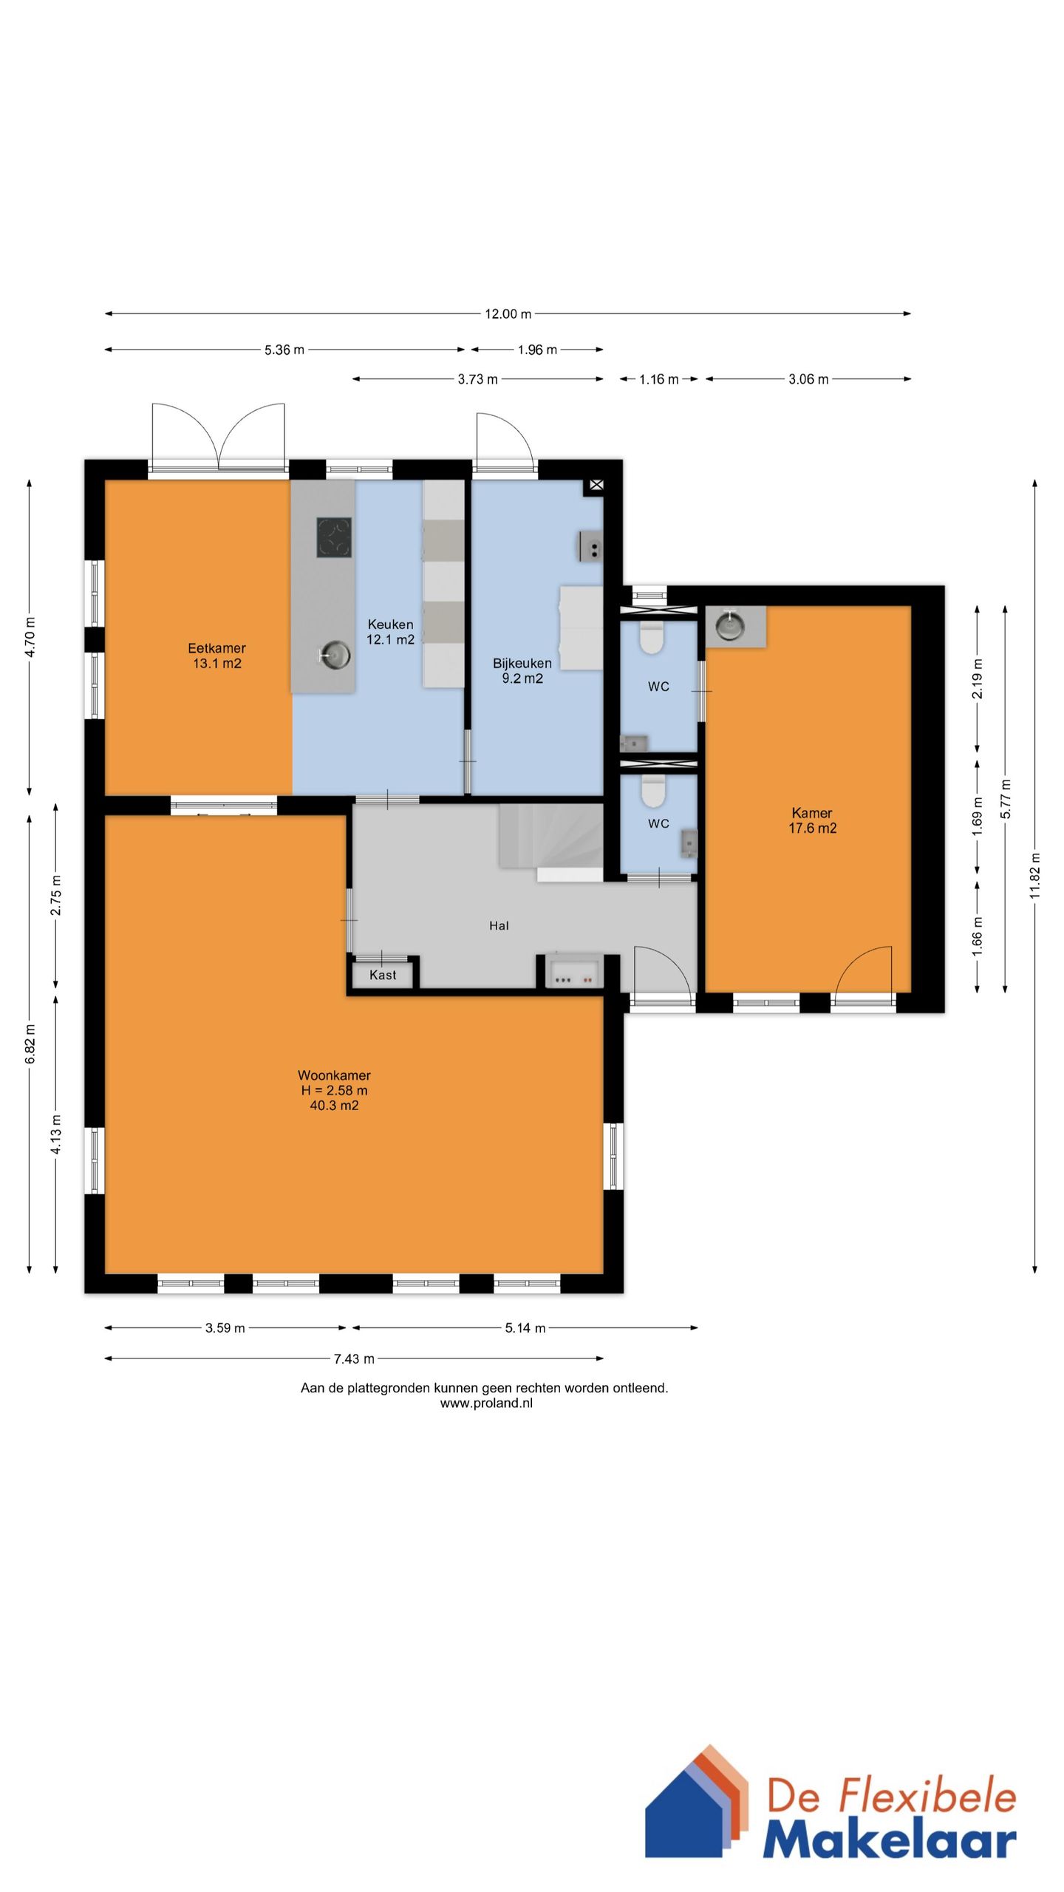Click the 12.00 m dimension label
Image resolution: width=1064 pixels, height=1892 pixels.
(508, 313)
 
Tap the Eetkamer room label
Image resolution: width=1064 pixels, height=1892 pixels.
(216, 648)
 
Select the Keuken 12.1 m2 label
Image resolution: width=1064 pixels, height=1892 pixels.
(390, 632)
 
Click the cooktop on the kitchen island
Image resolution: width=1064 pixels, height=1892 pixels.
(334, 537)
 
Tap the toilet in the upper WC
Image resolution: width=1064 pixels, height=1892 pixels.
(651, 638)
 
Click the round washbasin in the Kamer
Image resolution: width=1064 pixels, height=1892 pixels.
(729, 625)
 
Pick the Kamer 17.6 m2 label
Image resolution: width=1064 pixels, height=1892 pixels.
(812, 820)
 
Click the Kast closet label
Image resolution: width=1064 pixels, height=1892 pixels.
(383, 975)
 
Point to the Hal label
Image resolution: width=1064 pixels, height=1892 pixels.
(499, 925)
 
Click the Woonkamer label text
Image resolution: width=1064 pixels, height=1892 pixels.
(334, 1075)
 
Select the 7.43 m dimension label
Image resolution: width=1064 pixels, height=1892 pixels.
(354, 1358)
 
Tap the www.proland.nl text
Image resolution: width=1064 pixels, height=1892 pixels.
(486, 1403)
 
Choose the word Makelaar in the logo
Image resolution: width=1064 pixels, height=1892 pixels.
(890, 1836)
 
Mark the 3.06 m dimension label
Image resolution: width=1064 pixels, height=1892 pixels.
(808, 379)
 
